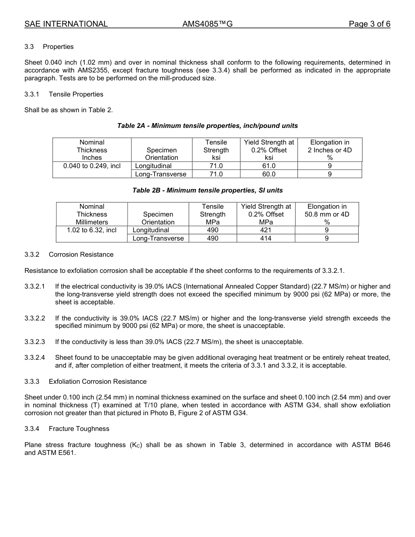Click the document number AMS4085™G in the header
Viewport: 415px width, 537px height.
(x=207, y=24)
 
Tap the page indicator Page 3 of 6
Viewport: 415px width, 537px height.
(x=369, y=24)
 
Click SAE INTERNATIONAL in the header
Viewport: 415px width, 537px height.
(x=66, y=24)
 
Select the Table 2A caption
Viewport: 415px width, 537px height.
(x=207, y=126)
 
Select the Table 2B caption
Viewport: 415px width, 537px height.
(x=207, y=190)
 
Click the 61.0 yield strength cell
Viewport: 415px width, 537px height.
(x=269, y=166)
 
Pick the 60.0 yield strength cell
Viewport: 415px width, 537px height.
(x=269, y=174)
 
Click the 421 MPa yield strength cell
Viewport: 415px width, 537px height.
(x=266, y=230)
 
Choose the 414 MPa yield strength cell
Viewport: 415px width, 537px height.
(x=266, y=238)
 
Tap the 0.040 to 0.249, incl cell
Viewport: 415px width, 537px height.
(x=92, y=166)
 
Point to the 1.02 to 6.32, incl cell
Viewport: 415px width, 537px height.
(x=92, y=230)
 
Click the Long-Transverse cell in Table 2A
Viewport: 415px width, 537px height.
(x=161, y=174)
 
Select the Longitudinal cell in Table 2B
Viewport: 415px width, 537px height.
(x=151, y=230)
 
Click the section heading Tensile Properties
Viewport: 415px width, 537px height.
(x=76, y=94)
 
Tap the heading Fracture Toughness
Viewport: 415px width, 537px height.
(x=79, y=429)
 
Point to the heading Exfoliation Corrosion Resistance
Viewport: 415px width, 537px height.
(x=97, y=382)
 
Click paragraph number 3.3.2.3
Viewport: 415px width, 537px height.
(x=35, y=342)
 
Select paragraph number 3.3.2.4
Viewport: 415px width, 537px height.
(x=35, y=358)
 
